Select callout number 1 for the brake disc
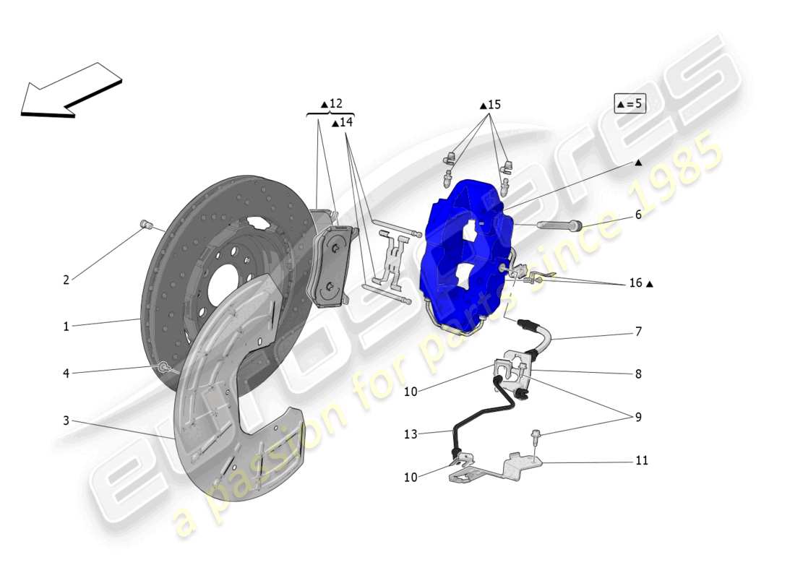[x=66, y=327]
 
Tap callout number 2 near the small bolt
[x=66, y=280]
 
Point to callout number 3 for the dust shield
[x=66, y=420]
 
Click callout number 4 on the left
[x=66, y=374]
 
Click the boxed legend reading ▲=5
[x=629, y=103]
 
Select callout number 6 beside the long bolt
[x=638, y=215]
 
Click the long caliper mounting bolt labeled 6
[x=561, y=225]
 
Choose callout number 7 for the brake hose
[x=638, y=332]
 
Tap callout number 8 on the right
[x=638, y=374]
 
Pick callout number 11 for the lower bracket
[x=642, y=460]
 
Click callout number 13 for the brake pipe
[x=411, y=434]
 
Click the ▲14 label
[x=342, y=123]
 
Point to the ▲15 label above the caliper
[x=490, y=105]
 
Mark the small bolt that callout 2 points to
[x=145, y=223]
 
